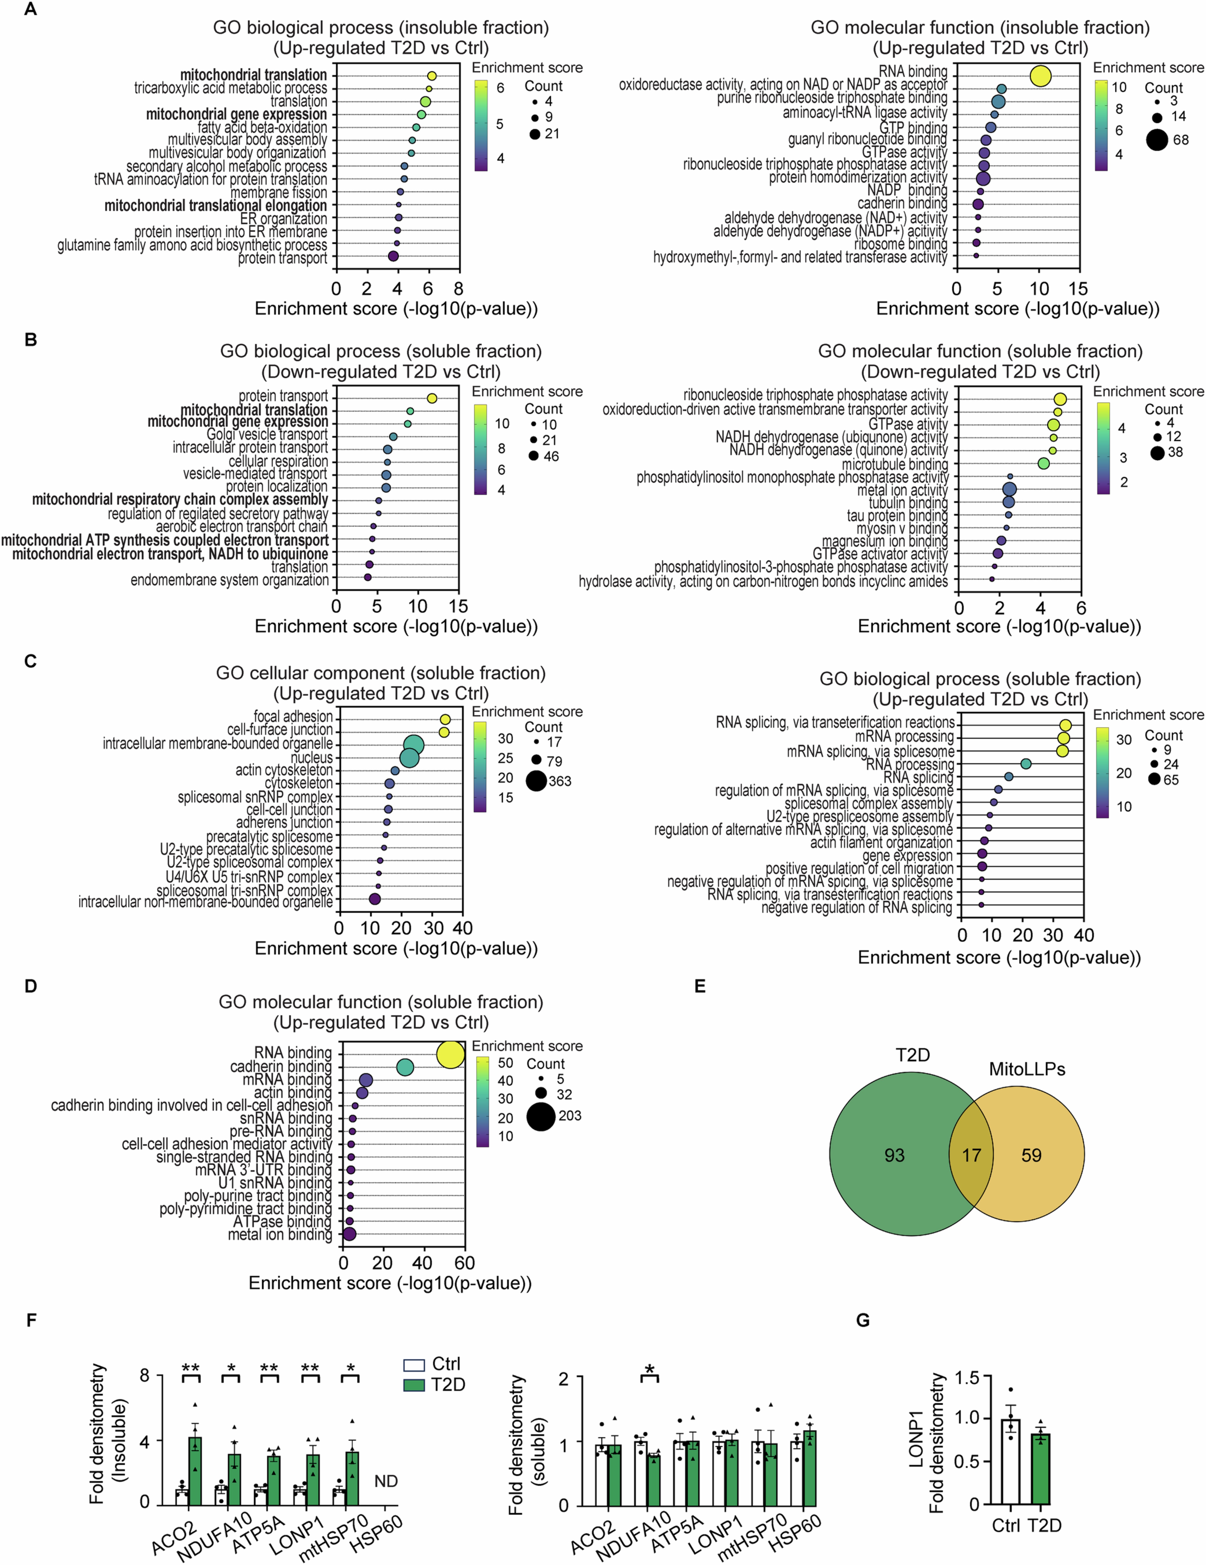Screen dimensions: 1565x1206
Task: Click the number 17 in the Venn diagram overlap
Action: [x=971, y=1155]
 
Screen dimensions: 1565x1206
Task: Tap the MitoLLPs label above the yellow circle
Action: [x=1026, y=1069]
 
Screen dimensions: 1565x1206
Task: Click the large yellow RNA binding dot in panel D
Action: [x=450, y=1055]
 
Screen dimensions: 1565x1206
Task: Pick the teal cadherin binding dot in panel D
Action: [x=405, y=1068]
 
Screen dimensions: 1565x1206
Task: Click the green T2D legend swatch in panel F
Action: [x=414, y=1385]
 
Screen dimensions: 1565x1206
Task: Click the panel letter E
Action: [x=700, y=986]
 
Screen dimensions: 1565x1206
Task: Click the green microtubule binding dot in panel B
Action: [x=1043, y=464]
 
